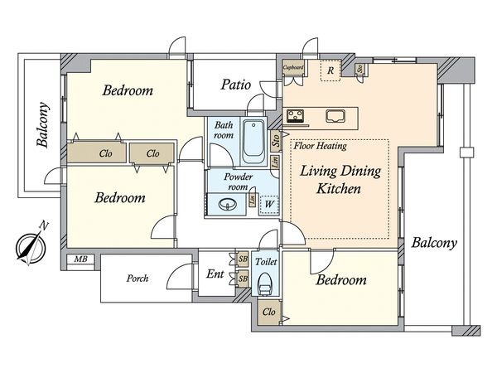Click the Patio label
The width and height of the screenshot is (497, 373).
(236, 85)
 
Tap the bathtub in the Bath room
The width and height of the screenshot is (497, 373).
(253, 142)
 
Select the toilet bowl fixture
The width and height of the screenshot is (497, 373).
(265, 284)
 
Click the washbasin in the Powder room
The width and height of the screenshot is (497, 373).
(228, 205)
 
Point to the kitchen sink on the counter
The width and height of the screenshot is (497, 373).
(335, 116)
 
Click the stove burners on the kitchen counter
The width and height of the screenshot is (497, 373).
(296, 116)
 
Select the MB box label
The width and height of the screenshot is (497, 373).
(80, 259)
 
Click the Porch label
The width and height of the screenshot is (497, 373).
(138, 279)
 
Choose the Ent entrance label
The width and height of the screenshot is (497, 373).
(215, 274)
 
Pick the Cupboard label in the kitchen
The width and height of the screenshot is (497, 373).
(293, 68)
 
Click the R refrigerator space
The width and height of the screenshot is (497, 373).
(331, 70)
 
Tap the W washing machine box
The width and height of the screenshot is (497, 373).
(268, 204)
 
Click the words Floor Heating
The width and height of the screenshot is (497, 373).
(320, 146)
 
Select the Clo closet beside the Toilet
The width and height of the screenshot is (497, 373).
(268, 312)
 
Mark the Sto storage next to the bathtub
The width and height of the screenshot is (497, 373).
(276, 140)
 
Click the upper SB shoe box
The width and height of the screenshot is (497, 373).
(243, 259)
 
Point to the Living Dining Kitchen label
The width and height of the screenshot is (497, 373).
(340, 180)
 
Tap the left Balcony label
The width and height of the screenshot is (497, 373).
(43, 124)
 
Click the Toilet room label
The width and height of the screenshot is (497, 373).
(266, 262)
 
